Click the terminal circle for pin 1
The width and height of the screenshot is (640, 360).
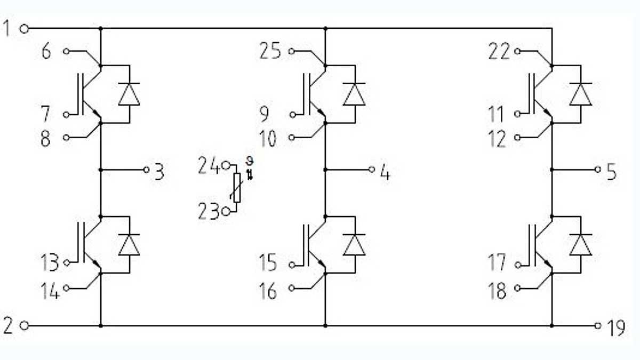[23, 28]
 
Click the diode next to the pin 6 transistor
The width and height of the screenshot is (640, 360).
[129, 94]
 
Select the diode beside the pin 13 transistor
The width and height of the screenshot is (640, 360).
[129, 244]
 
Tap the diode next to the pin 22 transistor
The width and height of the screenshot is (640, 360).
[580, 94]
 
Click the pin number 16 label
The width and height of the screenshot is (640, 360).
[268, 291]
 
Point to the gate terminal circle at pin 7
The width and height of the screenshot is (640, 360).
[66, 114]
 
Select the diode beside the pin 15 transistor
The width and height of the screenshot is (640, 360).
[354, 244]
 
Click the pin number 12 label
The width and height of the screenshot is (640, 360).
[498, 140]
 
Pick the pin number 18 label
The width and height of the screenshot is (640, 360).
[498, 291]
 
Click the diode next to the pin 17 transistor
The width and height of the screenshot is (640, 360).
[580, 244]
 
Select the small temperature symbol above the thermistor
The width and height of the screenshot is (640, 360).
[248, 167]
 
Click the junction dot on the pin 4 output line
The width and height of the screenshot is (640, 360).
[325, 170]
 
